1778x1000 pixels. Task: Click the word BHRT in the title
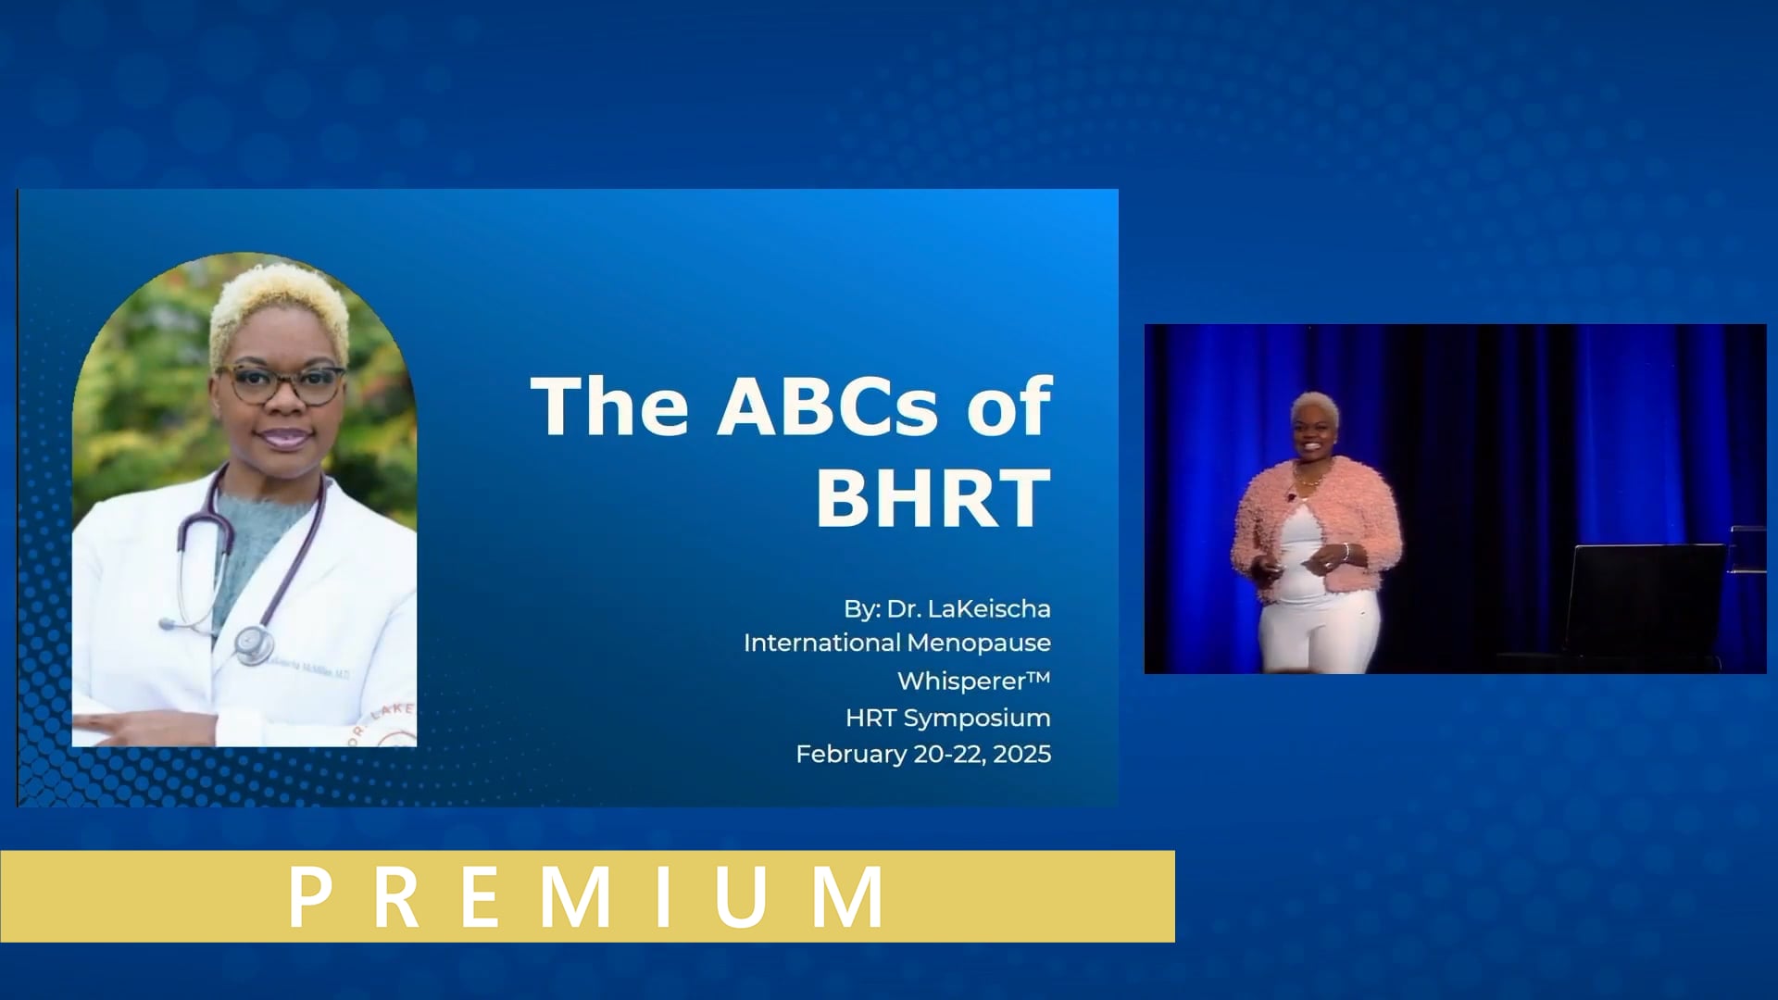click(933, 498)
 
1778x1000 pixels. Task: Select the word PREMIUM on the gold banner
click(587, 896)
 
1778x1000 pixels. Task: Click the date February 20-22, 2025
click(923, 754)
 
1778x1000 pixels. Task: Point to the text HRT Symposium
click(947, 718)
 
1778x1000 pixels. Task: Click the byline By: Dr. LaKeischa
click(946, 608)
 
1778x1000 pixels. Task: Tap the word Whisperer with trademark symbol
click(973, 681)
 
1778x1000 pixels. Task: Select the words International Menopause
click(896, 643)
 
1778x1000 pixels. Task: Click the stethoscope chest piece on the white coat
click(252, 642)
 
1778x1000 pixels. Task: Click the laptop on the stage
click(1645, 597)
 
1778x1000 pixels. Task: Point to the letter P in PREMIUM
click(310, 896)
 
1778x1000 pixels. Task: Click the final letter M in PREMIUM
click(846, 896)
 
